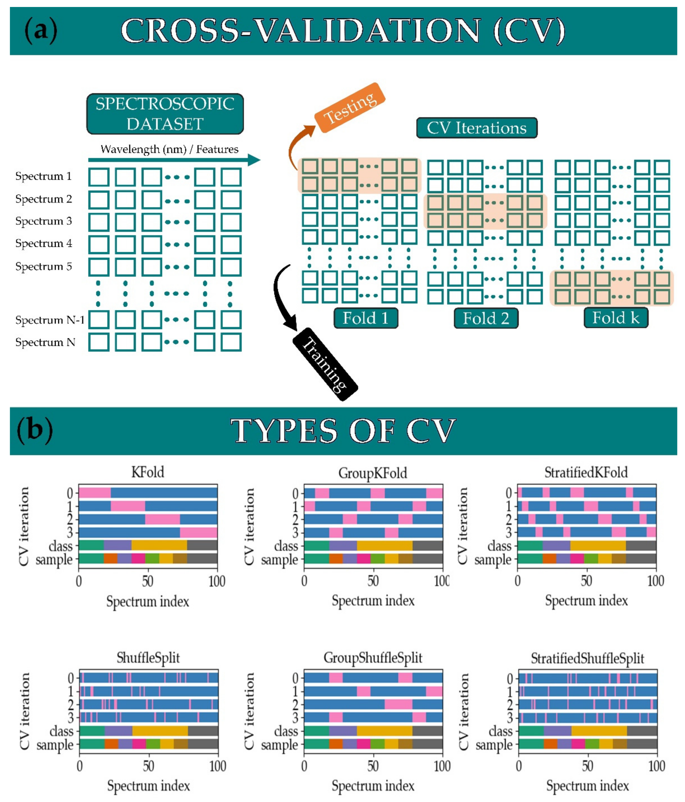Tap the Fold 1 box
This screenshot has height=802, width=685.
365,318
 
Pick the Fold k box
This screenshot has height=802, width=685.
615,317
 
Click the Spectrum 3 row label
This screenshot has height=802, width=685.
44,221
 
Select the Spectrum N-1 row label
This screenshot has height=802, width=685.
50,320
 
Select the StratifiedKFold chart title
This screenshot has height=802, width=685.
586,472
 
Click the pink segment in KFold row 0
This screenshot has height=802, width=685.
95,493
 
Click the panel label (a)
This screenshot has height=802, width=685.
41,31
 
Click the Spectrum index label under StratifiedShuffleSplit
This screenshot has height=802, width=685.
587,785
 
